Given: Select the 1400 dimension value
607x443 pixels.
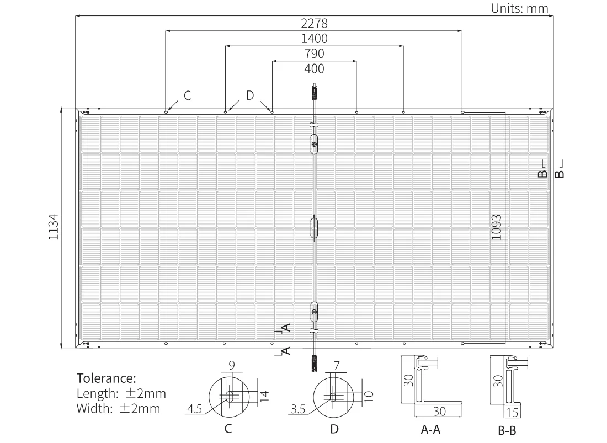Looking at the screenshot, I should [315, 39].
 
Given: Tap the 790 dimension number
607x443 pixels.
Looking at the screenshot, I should [315, 54].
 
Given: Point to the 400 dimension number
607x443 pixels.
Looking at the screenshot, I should [315, 69].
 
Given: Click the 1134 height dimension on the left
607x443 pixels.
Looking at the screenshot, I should [54, 227].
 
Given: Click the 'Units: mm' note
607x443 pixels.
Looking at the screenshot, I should [520, 8].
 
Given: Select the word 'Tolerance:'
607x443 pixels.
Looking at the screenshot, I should [106, 378].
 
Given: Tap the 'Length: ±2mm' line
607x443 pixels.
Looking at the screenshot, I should [121, 393].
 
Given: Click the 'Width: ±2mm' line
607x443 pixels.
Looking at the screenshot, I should [119, 409].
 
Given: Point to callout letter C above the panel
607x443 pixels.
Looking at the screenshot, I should [188, 95].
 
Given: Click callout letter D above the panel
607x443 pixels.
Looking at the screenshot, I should [250, 95].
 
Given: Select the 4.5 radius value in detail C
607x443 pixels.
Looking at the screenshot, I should [194, 409].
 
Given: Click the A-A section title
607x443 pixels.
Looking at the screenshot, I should [430, 430].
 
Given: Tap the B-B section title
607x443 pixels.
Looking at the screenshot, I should [507, 431].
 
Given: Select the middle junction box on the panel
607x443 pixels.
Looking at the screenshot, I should [314, 228].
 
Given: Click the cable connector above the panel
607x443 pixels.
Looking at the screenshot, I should [314, 92].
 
